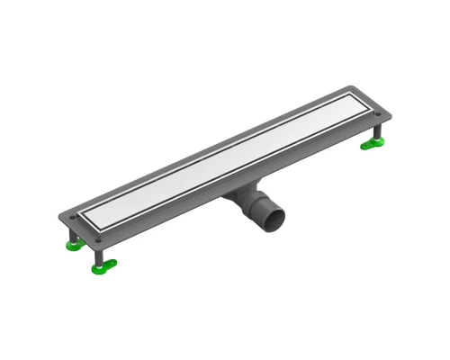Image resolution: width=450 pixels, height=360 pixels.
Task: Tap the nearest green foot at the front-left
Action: point(103,265)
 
